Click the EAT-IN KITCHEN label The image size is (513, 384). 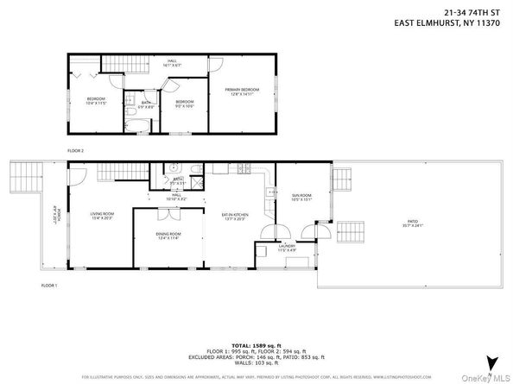pos(236,217)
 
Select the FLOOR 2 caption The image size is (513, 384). pos(76,150)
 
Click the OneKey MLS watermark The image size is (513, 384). pos(489,376)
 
